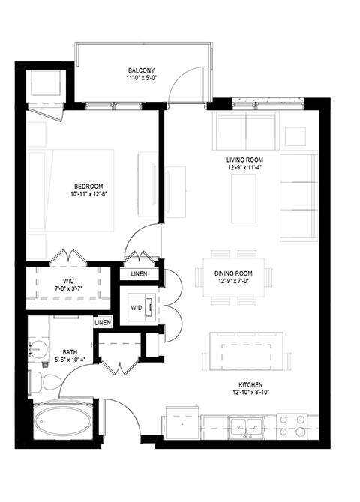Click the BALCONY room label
pos(141,71)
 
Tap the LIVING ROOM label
pos(245,160)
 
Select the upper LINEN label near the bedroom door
pos(139,274)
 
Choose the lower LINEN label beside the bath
pos(103,322)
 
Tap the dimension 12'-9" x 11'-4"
pos(245,169)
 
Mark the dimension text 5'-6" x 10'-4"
pos(70,359)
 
